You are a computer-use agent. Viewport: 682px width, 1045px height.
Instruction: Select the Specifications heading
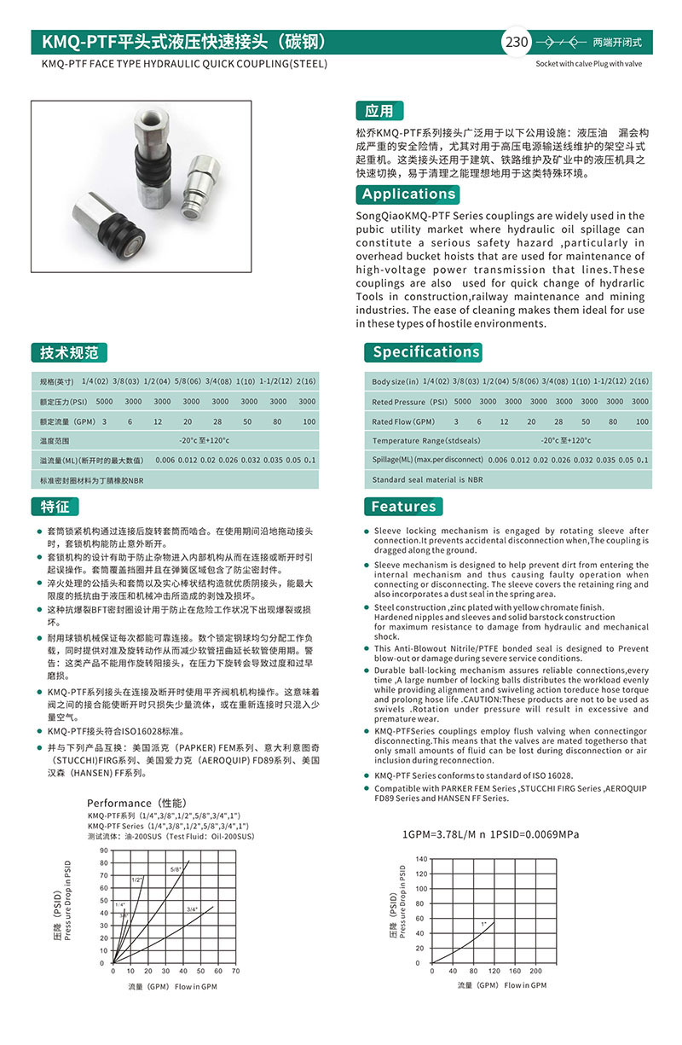426,351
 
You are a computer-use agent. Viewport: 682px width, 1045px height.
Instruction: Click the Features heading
403,506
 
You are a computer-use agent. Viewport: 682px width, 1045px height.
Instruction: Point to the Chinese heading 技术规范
69,351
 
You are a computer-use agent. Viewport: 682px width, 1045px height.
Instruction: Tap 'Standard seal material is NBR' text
427,479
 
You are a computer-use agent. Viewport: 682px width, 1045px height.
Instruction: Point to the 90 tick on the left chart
104,851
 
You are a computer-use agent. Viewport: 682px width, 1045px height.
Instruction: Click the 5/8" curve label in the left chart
176,869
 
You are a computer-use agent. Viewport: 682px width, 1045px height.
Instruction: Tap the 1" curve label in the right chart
483,924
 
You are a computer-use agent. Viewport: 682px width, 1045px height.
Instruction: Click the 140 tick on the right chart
420,857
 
